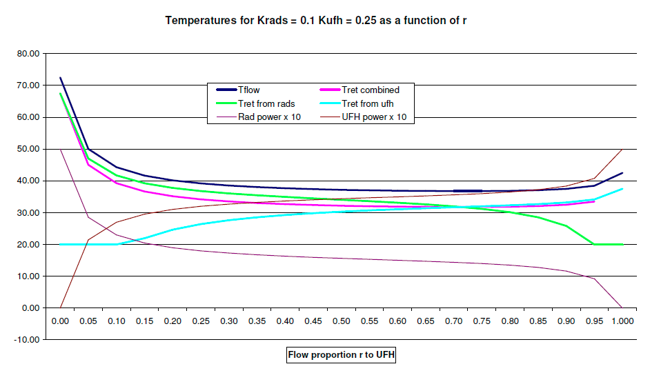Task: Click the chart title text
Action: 316,21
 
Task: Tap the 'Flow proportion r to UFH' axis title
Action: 341,354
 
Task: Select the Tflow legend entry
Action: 238,90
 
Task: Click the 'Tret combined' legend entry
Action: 359,90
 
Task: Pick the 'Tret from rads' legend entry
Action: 255,103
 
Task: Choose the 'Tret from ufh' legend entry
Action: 356,103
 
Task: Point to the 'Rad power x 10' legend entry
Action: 259,117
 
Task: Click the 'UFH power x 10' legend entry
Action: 363,117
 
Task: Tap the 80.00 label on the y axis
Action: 28,54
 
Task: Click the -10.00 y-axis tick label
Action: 26,340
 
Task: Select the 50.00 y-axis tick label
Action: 28,149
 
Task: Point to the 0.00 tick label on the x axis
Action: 60,321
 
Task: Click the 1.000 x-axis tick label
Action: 622,321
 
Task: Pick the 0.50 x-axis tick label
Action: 342,321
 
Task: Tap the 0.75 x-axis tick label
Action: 482,321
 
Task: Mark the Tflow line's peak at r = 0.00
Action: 60,78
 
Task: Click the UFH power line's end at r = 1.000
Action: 622,150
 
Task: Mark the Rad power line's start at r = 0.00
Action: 60,150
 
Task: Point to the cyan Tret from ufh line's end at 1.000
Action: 622,189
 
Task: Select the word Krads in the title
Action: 272,21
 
